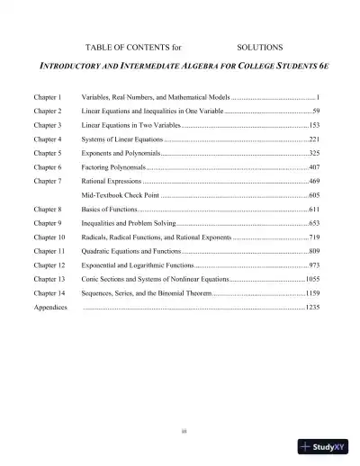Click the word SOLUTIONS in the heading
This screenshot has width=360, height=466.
260,46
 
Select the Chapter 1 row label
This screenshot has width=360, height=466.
47,94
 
